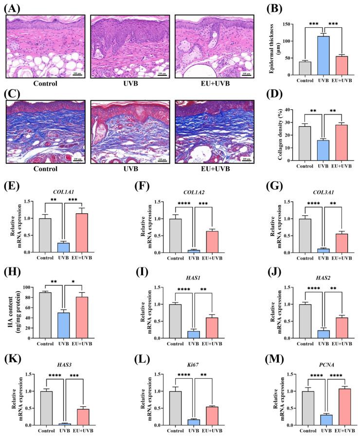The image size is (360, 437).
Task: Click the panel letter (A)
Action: (12, 8)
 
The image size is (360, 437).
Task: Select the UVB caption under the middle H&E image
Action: (130, 84)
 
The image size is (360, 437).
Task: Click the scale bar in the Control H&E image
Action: (77, 75)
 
